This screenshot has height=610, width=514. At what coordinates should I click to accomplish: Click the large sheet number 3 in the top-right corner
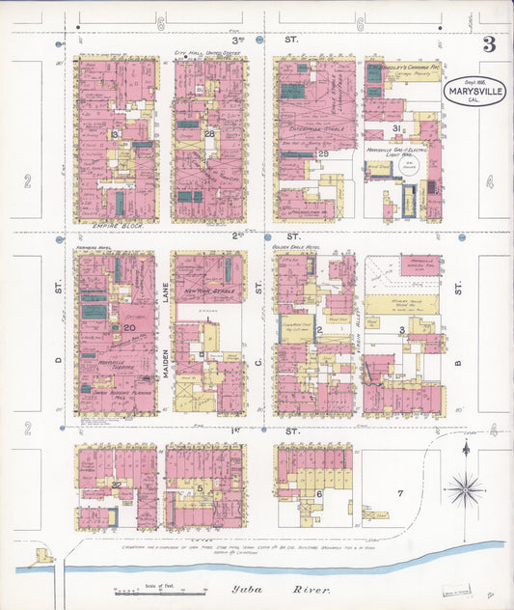(x=489, y=44)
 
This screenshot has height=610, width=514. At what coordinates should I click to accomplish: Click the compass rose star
(x=465, y=489)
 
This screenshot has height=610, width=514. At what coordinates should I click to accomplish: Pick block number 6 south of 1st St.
(x=319, y=493)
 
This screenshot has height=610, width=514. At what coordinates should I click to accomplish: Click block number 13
(x=114, y=134)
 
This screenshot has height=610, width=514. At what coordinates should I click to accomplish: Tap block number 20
(x=128, y=328)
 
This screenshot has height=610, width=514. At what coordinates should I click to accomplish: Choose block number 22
(x=116, y=484)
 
